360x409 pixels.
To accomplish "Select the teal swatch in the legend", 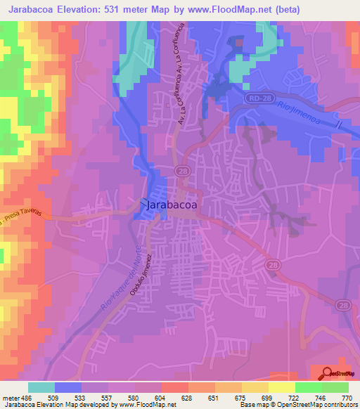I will (41, 387).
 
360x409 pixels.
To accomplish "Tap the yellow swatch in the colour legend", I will (255, 387).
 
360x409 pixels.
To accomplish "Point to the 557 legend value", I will (108, 397).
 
